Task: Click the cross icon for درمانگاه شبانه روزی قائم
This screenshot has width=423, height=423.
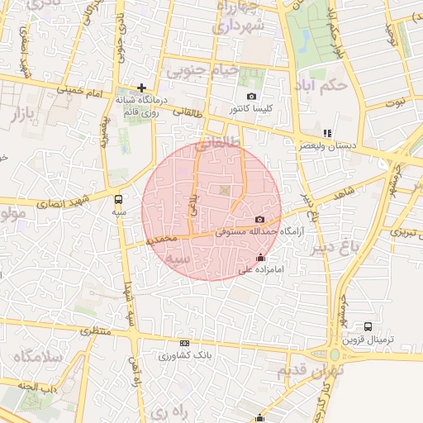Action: [142, 87]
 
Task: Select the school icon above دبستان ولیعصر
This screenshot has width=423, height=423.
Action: [326, 133]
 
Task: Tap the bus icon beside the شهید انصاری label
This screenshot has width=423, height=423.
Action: [118, 199]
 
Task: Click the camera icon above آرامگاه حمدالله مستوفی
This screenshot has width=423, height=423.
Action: [260, 220]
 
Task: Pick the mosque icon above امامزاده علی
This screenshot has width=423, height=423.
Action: [262, 257]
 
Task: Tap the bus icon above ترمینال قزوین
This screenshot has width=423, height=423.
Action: [367, 327]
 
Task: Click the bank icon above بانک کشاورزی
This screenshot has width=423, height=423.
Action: [184, 344]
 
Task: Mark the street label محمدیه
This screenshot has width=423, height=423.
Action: [161, 239]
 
